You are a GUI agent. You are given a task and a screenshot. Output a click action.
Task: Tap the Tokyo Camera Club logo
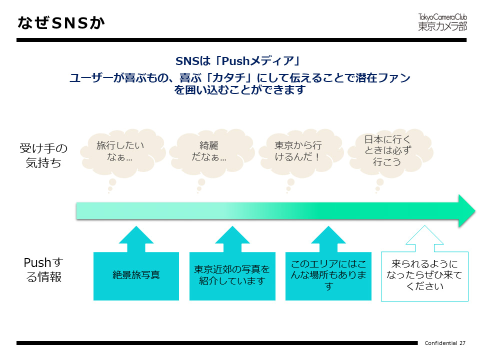(442, 22)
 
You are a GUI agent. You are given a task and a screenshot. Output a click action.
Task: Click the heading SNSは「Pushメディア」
(237, 61)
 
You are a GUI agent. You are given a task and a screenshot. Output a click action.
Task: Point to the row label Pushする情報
(44, 270)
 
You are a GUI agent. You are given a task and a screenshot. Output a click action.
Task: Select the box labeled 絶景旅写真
(136, 275)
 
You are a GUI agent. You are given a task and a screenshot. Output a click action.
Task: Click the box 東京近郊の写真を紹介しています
(232, 275)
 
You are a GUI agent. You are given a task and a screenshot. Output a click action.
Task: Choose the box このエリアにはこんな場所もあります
(328, 275)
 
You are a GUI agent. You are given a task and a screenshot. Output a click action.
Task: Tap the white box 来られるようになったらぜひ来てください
(424, 276)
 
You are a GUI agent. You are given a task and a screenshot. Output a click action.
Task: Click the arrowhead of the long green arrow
(466, 210)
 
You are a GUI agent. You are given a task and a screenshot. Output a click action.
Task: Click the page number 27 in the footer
(462, 343)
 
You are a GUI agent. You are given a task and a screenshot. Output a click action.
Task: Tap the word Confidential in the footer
(441, 343)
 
